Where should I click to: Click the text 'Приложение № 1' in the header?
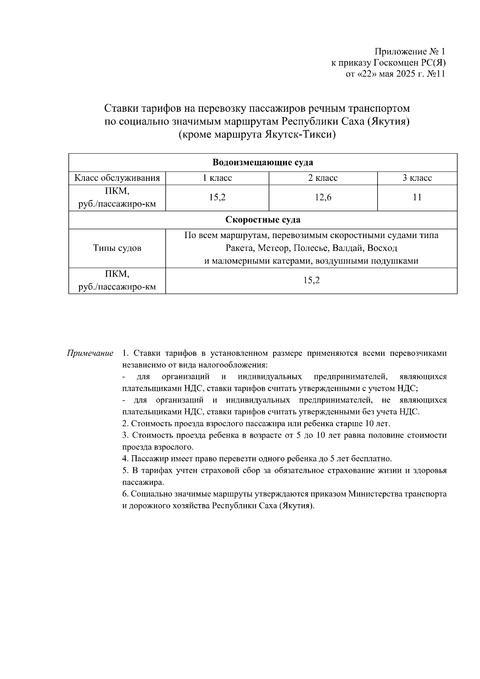click(x=409, y=52)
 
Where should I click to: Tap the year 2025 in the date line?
click(x=407, y=74)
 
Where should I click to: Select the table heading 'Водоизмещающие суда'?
click(x=263, y=162)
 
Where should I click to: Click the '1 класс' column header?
click(x=217, y=178)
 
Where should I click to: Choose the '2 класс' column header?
click(x=323, y=178)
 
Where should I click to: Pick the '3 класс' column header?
click(x=417, y=178)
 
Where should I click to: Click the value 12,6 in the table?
click(x=323, y=198)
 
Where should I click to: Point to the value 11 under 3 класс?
click(x=417, y=198)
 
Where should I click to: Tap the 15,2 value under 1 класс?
click(x=217, y=198)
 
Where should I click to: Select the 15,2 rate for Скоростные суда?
click(x=311, y=281)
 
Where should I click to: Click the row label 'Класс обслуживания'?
click(x=117, y=178)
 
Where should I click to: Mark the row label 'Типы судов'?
click(x=117, y=248)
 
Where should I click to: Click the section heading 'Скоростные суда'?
click(x=263, y=220)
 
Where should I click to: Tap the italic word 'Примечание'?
click(x=90, y=353)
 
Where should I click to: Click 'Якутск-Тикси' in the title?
click(x=298, y=134)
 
